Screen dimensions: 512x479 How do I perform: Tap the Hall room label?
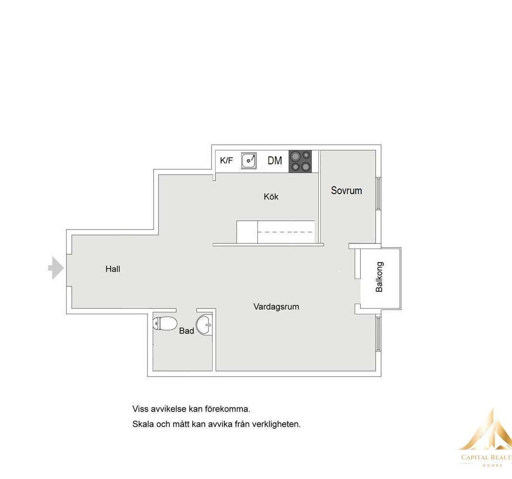[x=113, y=269]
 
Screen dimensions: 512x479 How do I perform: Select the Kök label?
[x=271, y=196]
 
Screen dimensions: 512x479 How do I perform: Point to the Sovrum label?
[x=346, y=191]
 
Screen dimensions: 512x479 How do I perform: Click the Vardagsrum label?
[x=276, y=307]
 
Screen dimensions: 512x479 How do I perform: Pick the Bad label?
[x=187, y=331]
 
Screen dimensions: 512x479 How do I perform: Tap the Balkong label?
[x=379, y=277]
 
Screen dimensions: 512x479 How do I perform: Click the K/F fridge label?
[x=226, y=161]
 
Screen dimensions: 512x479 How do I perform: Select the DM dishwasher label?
[x=275, y=161]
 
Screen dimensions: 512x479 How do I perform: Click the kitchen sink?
[x=249, y=161]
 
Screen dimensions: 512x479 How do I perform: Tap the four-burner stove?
[x=300, y=162]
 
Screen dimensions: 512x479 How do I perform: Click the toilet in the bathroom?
[x=165, y=324]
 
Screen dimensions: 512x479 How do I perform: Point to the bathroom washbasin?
[x=205, y=325]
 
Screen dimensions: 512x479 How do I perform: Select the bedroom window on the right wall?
[x=378, y=194]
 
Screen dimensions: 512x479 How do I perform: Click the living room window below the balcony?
[x=378, y=334]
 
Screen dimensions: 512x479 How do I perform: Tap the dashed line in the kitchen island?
[x=286, y=232]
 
